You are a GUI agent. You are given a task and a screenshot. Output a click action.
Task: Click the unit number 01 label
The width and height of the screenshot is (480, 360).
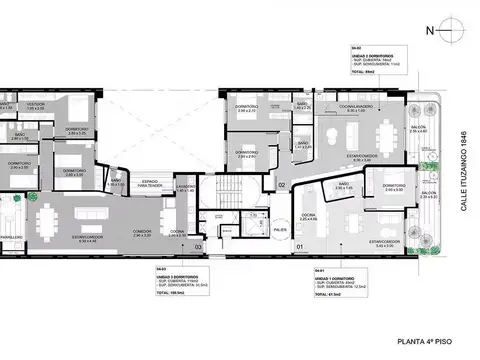300,245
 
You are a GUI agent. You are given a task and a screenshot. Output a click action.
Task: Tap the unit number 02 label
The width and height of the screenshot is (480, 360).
282,185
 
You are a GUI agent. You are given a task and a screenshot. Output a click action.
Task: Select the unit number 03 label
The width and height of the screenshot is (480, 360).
198,245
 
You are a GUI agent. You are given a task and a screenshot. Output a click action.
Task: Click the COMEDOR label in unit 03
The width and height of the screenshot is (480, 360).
144,232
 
